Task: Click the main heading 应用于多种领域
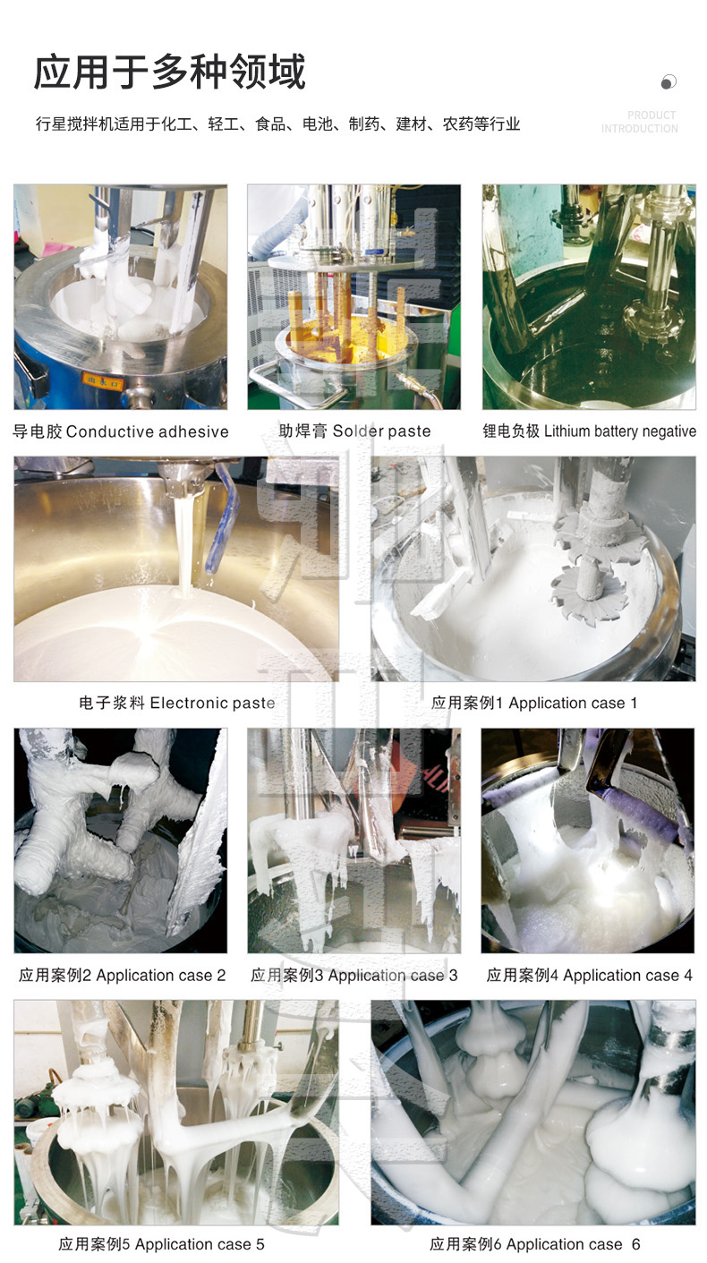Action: point(170,72)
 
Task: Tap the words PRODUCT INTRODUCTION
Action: point(639,122)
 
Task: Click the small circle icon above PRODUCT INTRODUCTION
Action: point(669,82)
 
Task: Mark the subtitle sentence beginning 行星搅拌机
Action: point(277,124)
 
